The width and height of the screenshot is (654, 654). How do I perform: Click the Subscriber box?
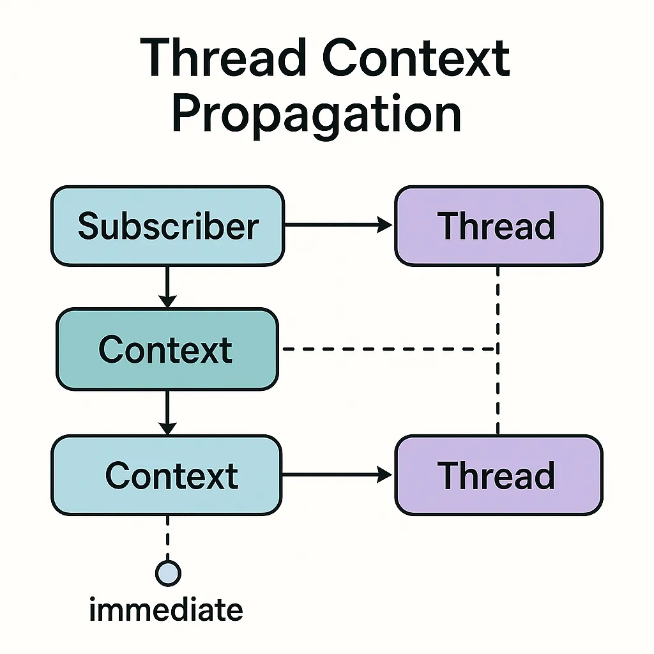pos(168,225)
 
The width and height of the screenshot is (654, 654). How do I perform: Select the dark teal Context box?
pos(167,349)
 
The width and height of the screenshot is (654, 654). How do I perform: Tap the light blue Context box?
pos(167,475)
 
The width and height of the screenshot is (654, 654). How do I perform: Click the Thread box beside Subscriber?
pos(498,225)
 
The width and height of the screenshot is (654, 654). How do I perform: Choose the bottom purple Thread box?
pos(498,475)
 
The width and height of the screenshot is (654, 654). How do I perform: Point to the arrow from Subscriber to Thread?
pos(338,225)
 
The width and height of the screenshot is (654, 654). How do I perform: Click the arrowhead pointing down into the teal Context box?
pos(167,301)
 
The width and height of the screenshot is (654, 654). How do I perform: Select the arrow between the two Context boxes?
pos(167,413)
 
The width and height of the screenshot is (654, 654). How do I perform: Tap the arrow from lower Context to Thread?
pos(337,475)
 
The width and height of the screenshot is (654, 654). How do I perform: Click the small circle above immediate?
pos(168,573)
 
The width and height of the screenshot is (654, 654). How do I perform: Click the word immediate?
pos(166,610)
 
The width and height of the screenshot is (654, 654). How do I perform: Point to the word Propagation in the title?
pos(317,112)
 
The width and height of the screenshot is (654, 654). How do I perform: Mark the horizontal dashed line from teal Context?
pos(390,349)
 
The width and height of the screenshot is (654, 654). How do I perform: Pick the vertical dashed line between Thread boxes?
pos(498,351)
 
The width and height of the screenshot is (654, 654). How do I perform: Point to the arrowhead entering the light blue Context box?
pos(167,429)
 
